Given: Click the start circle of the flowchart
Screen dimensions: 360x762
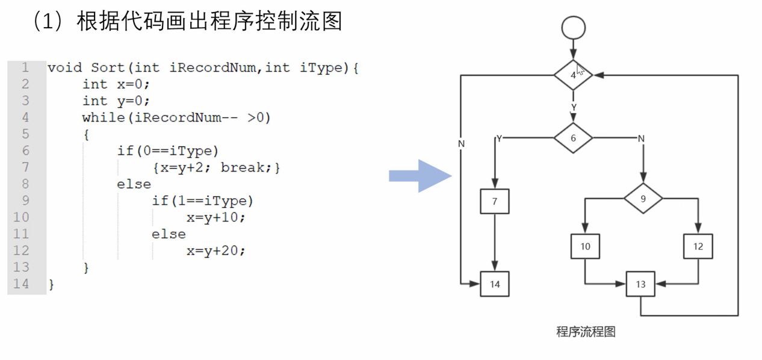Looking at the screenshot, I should point(572,27).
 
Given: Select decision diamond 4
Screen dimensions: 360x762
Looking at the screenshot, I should point(573,75).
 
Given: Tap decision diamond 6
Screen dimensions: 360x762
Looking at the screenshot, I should point(573,138).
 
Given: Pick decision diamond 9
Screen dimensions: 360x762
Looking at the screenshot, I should point(643,197).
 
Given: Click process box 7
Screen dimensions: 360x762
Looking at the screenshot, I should point(495,202).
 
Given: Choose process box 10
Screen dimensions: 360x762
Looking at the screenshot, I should point(585,246).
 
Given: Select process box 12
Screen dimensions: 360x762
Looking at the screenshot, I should point(698,246).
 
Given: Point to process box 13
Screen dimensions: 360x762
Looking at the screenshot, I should point(640,284).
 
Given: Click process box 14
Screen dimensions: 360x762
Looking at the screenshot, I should point(495,284).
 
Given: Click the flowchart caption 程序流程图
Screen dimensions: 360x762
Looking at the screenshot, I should point(586,331).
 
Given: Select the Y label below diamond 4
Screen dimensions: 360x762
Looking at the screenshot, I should point(574,107).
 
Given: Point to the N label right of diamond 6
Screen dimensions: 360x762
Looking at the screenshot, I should point(641,138).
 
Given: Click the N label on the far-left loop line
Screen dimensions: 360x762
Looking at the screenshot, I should point(461,144).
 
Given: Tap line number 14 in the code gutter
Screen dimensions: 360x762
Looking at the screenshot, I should point(21,284).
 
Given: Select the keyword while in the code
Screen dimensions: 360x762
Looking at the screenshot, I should point(104,117).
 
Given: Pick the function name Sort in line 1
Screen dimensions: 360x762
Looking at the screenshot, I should point(108,67).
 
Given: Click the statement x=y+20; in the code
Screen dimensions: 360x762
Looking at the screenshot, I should point(216,250).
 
